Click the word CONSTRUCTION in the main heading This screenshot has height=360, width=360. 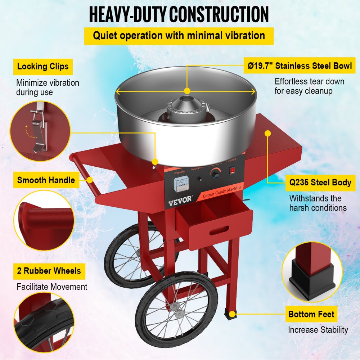click(219, 14)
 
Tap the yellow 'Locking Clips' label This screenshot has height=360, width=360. click(43, 67)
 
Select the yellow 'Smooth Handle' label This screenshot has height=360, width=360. click(46, 180)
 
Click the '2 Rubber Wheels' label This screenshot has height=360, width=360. click(49, 270)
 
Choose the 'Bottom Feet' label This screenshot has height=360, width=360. click(311, 314)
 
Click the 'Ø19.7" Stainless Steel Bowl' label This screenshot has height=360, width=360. click(299, 66)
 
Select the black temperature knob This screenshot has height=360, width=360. click(216, 174)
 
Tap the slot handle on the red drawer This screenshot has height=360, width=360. click(219, 230)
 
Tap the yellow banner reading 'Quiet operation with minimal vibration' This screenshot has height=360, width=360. click(179, 36)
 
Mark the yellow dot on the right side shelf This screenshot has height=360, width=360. click(267, 133)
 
